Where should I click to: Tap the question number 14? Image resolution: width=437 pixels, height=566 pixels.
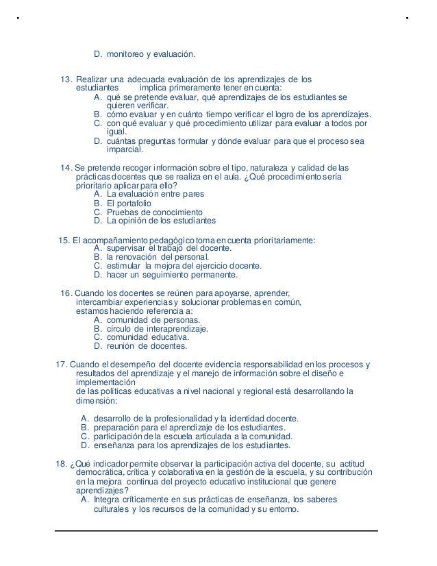[x=66, y=167]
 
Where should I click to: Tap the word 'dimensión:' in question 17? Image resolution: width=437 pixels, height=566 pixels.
[x=96, y=402]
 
